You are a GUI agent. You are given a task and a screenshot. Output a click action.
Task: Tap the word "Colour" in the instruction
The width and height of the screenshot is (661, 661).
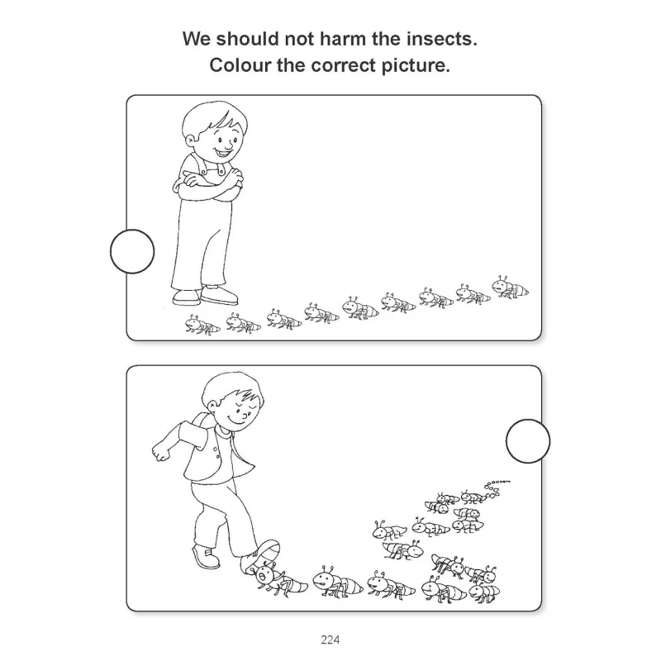tap(240, 65)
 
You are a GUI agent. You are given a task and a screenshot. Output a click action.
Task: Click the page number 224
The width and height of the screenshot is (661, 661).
tap(330, 640)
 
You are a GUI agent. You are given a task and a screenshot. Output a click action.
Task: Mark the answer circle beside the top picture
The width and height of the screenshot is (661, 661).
tap(132, 251)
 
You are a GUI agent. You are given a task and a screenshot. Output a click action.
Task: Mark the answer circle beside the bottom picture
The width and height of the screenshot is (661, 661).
tap(528, 441)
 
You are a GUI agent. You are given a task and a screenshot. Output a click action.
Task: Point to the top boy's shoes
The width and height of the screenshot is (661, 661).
tap(205, 295)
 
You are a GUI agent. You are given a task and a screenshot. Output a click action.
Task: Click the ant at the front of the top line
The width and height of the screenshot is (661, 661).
tap(510, 288)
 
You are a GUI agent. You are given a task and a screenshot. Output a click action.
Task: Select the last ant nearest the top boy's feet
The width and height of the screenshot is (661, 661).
tap(202, 325)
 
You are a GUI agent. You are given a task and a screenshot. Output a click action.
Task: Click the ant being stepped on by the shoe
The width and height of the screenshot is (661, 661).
tap(277, 580)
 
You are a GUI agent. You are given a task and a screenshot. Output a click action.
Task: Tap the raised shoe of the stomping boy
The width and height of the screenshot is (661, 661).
tap(260, 557)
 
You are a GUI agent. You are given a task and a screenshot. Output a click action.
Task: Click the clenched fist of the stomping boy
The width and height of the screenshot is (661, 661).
tap(160, 452)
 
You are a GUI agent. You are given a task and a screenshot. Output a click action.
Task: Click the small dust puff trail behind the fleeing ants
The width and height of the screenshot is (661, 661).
tap(497, 487)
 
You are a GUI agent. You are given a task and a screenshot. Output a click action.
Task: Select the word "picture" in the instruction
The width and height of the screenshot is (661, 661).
tap(416, 65)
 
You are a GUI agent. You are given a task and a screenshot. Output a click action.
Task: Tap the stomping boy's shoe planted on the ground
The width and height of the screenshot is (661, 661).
tap(206, 556)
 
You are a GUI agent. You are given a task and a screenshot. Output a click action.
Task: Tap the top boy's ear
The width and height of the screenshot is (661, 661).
tap(191, 140)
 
